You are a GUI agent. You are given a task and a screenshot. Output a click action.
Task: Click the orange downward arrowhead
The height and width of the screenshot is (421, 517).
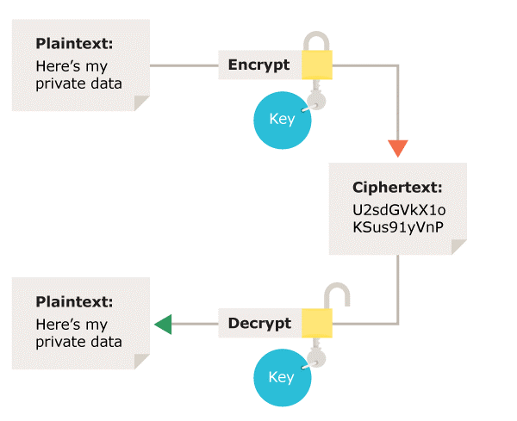pyautogui.click(x=397, y=147)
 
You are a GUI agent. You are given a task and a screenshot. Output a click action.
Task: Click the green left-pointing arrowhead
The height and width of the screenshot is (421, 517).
pyautogui.click(x=163, y=324)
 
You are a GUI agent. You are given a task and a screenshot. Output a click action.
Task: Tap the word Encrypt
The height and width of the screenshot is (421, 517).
pyautogui.click(x=258, y=65)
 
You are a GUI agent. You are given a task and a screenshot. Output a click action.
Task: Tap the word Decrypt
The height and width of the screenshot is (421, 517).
pyautogui.click(x=259, y=324)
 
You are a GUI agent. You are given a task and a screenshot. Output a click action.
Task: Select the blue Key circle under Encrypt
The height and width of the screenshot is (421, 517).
pyautogui.click(x=281, y=119)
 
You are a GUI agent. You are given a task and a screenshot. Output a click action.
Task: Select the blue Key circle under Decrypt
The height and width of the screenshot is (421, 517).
pyautogui.click(x=281, y=378)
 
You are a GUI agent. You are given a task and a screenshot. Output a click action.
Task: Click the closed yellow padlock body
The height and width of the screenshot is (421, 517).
pyautogui.click(x=316, y=65)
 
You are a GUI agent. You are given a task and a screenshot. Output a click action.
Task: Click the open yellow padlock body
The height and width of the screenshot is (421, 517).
pyautogui.click(x=316, y=324)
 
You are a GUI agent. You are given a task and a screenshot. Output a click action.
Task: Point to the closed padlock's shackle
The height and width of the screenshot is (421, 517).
pyautogui.click(x=316, y=41)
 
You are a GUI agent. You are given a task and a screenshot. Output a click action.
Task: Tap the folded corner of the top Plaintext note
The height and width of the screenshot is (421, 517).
pyautogui.click(x=141, y=102)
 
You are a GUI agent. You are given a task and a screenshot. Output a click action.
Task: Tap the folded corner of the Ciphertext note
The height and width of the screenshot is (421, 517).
pyautogui.click(x=458, y=246)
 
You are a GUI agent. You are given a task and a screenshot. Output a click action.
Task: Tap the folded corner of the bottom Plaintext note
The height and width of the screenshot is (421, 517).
pyautogui.click(x=141, y=361)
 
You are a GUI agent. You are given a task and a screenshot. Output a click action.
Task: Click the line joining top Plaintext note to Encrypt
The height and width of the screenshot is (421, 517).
pyautogui.click(x=184, y=65)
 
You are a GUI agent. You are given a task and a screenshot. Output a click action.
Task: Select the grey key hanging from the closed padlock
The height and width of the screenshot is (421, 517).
pyautogui.click(x=316, y=97)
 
